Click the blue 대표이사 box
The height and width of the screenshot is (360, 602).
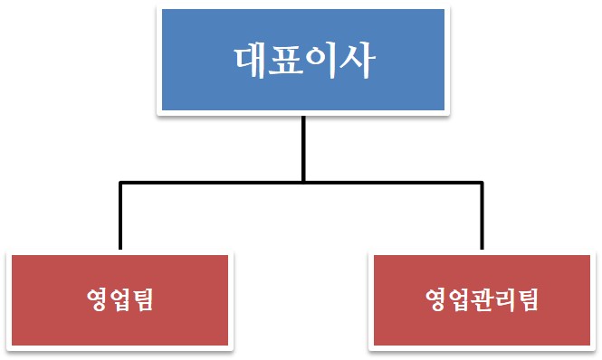click(x=302, y=59)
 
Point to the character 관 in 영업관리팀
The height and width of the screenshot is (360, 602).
click(x=482, y=299)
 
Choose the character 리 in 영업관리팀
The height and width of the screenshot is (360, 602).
click(x=504, y=299)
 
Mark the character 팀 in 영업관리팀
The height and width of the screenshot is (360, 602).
click(x=527, y=299)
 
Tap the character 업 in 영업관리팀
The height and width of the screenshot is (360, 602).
click(x=459, y=299)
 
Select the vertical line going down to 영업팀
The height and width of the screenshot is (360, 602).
click(x=119, y=217)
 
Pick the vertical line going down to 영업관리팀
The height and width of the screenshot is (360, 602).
click(x=482, y=217)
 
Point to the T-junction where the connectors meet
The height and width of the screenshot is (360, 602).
click(x=302, y=184)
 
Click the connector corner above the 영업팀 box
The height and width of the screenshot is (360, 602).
click(x=119, y=184)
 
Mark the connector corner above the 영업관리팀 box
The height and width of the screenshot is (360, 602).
click(x=482, y=184)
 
